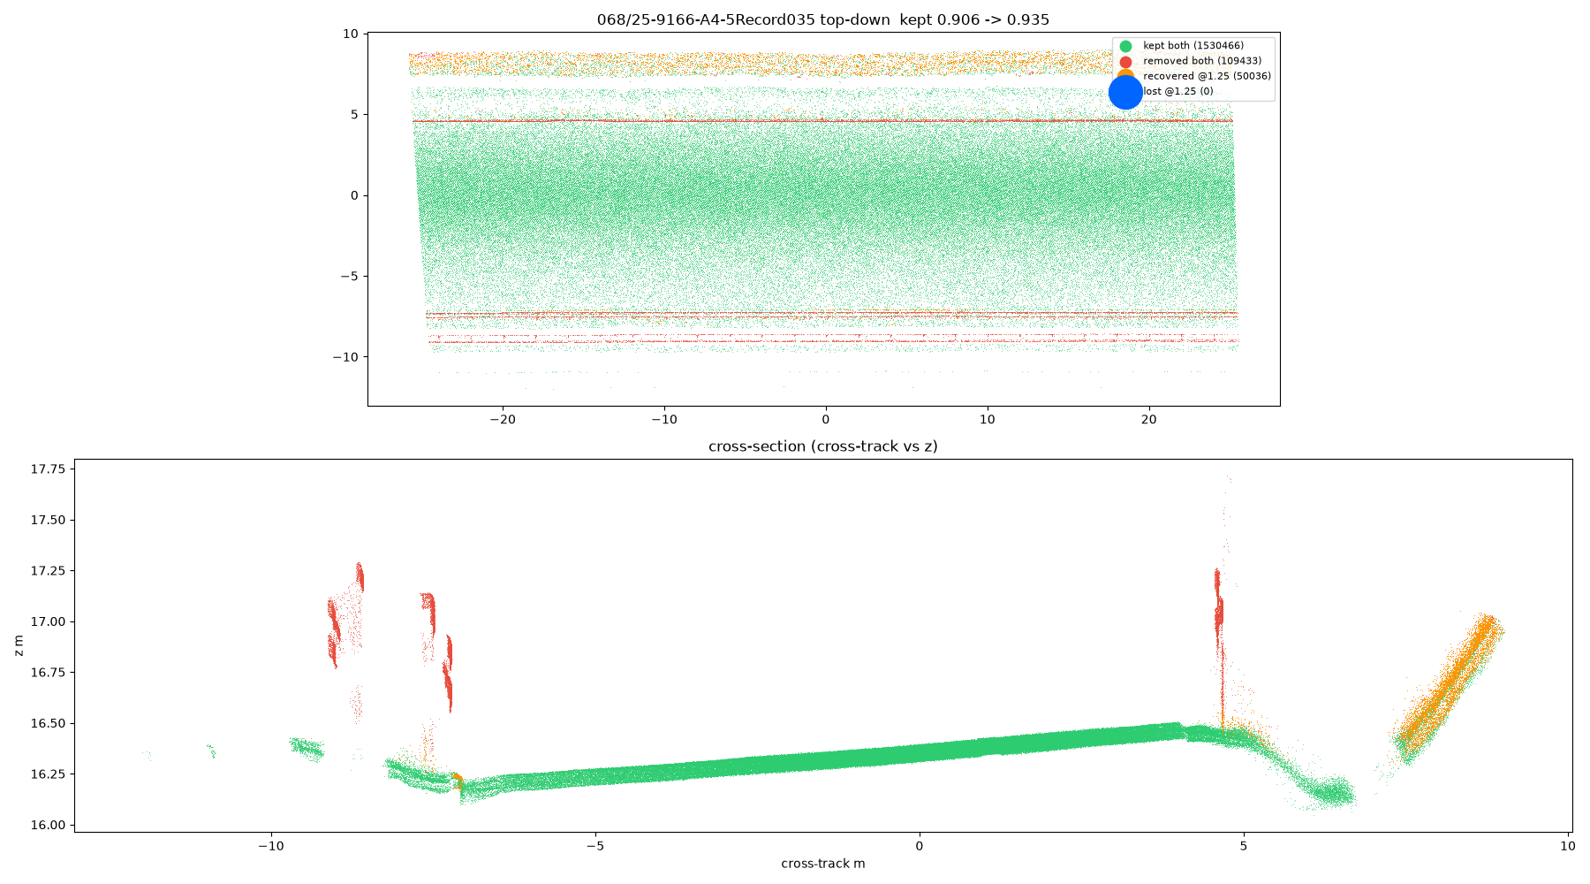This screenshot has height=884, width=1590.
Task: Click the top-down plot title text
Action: point(823,19)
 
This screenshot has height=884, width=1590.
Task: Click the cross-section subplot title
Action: point(823,446)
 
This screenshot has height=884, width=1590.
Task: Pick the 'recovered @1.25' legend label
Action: point(1207,76)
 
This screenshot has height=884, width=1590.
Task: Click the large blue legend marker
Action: point(1125,92)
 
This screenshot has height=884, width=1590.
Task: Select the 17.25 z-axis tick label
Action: point(48,571)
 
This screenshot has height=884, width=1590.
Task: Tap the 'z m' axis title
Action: point(19,645)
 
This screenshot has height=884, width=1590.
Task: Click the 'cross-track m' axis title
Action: point(823,864)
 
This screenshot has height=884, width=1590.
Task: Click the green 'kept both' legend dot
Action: point(1125,46)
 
